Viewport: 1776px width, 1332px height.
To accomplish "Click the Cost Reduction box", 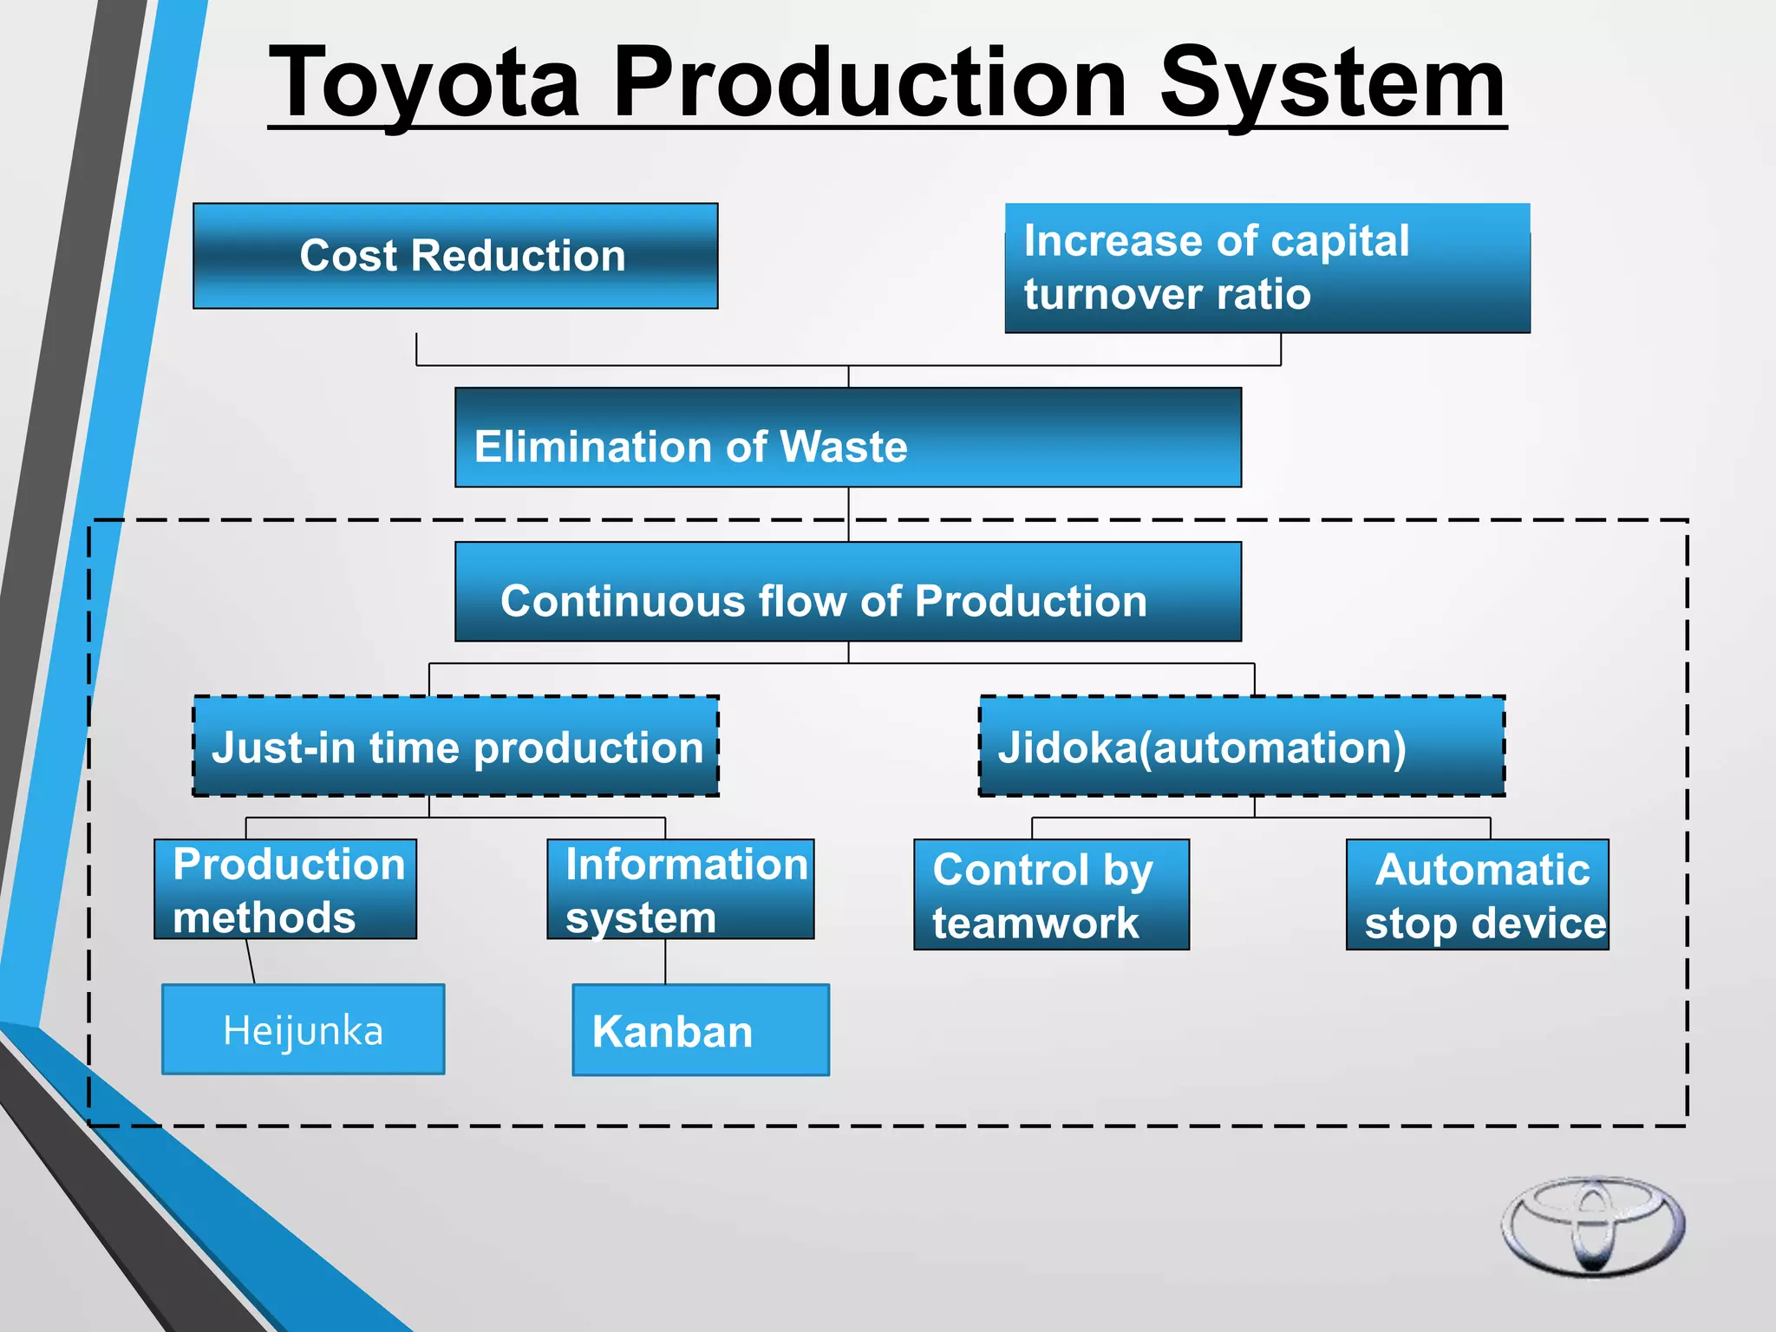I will pos(455,256).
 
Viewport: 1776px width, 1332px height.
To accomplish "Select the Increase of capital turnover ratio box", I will pos(1267,268).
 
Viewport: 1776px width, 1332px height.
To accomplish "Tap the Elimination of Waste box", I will pos(847,438).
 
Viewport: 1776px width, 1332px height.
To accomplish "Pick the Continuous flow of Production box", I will pos(847,592).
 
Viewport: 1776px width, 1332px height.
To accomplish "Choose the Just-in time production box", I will pos(456,747).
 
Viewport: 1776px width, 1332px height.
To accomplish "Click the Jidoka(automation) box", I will pos(1242,747).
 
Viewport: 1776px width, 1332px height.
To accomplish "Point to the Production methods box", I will pos(285,889).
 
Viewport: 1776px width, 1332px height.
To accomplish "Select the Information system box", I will pos(681,889).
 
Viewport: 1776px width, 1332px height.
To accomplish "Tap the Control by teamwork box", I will pos(1051,894).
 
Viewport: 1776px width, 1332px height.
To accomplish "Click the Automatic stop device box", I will pos(1477,894).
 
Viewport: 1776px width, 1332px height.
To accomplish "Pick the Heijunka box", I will pos(303,1029).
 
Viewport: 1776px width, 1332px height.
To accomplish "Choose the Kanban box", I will pos(701,1030).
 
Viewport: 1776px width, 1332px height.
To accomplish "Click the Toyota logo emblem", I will pos(1593,1225).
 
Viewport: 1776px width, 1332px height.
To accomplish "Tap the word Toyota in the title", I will pos(424,84).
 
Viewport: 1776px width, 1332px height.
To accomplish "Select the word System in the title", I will pos(1332,84).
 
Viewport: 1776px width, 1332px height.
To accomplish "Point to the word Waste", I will pos(844,447).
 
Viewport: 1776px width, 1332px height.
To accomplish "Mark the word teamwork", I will pos(1035,923).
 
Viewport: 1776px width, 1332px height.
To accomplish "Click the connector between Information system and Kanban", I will pos(665,961).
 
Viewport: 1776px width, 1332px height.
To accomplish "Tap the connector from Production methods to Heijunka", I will pos(251,961).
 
